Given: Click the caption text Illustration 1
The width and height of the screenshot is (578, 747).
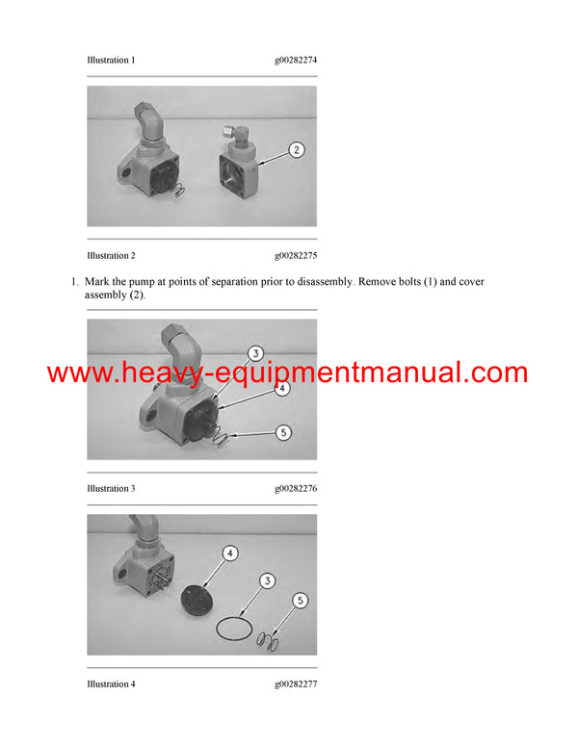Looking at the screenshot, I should point(111,60).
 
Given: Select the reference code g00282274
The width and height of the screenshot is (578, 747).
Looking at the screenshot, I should point(296,60).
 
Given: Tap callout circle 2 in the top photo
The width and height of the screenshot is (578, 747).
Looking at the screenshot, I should point(296,149).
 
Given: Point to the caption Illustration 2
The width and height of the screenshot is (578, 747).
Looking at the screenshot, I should point(111,256).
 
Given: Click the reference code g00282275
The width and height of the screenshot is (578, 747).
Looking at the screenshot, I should point(296,256).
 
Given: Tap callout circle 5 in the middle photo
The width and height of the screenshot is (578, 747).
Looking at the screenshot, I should point(283,433).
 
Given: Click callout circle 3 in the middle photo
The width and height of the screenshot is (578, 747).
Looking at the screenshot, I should point(256,353).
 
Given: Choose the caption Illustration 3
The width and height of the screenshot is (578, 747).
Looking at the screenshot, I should point(111,489).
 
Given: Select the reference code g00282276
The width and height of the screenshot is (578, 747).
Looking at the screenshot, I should point(296,489).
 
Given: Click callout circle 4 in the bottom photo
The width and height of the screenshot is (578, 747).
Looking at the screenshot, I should point(231,554).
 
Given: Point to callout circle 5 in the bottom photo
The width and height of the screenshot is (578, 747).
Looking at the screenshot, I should point(300,601).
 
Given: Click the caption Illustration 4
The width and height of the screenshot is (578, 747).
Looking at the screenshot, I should point(111,684).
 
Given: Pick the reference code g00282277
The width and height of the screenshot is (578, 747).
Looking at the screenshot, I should point(296,684).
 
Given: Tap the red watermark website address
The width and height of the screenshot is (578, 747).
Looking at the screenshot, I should point(287,373).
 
